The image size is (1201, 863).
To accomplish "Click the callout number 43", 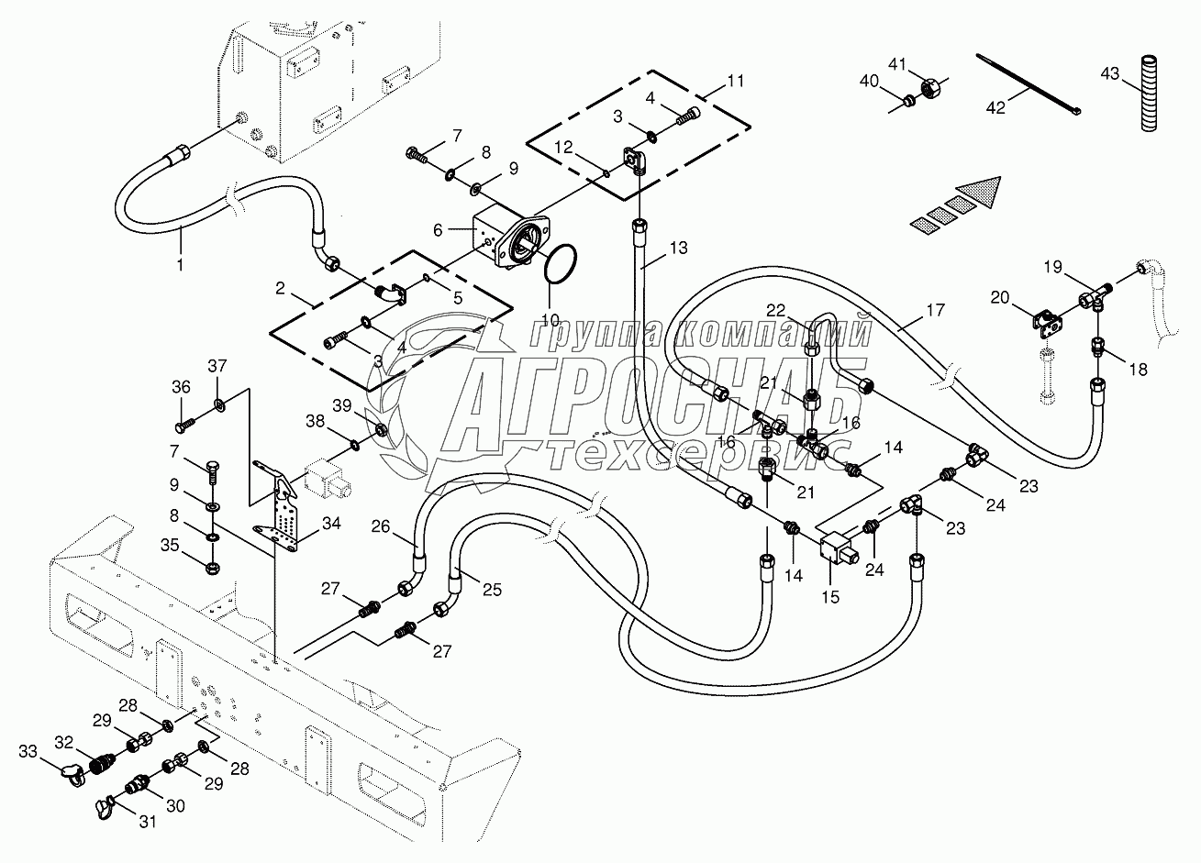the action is [1110, 73].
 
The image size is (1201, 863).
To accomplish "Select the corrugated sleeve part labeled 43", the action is [1149, 93].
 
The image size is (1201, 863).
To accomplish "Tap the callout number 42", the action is [995, 108].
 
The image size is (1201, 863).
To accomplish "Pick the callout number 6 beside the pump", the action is [438, 230].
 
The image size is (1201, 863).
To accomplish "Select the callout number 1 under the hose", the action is [180, 264].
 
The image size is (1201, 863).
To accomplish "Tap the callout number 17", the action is [935, 310].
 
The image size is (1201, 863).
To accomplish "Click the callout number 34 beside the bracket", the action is [331, 523].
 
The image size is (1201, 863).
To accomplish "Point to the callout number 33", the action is [28, 751].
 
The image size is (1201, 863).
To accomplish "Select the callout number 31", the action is [148, 821].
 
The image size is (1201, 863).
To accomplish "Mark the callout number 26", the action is [380, 526].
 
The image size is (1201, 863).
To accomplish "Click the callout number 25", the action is [492, 590].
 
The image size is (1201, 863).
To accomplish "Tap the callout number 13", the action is [678, 248].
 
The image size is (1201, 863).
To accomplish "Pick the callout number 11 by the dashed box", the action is [736, 81].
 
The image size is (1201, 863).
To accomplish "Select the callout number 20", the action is [1000, 297].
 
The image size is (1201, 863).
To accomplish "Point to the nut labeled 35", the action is [212, 567].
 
